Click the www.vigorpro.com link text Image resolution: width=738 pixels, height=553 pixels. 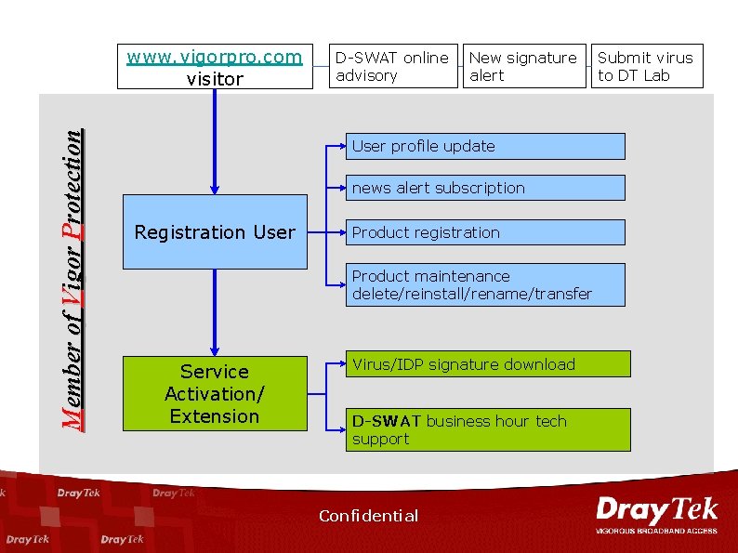[x=215, y=57]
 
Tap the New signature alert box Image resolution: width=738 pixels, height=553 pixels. [x=525, y=66]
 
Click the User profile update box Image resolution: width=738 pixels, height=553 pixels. [x=484, y=146]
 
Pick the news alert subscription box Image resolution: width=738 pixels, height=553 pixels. [x=484, y=188]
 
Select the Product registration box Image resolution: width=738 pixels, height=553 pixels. [x=484, y=232]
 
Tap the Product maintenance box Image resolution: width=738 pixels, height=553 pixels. [x=484, y=285]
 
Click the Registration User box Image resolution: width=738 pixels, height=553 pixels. [x=215, y=231]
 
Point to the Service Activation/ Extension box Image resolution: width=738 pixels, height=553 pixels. [x=215, y=393]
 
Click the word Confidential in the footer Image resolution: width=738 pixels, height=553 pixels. [x=368, y=516]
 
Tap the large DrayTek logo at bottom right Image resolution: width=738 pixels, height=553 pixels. [x=656, y=510]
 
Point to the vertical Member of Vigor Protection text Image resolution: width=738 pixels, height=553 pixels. [x=72, y=279]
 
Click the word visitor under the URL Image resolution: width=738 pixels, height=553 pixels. [x=215, y=79]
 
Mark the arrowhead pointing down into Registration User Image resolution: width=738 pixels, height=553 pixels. [x=215, y=188]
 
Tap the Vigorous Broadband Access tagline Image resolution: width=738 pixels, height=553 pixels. [x=656, y=531]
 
